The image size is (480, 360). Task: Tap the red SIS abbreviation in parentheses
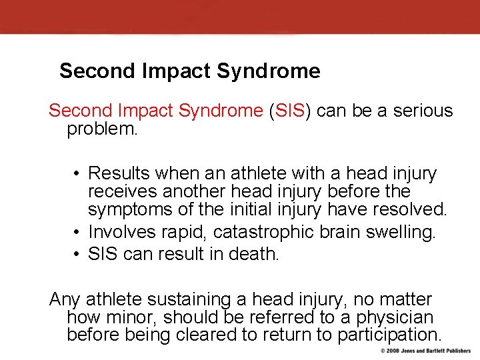[x=289, y=111]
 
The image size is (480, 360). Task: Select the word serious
[x=419, y=111]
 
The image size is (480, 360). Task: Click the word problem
[x=101, y=129]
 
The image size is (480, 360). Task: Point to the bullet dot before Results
[x=77, y=175]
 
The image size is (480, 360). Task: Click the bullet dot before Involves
[x=77, y=233]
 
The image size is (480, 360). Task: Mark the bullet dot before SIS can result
[x=77, y=255]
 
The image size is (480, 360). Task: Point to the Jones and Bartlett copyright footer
[x=425, y=351]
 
